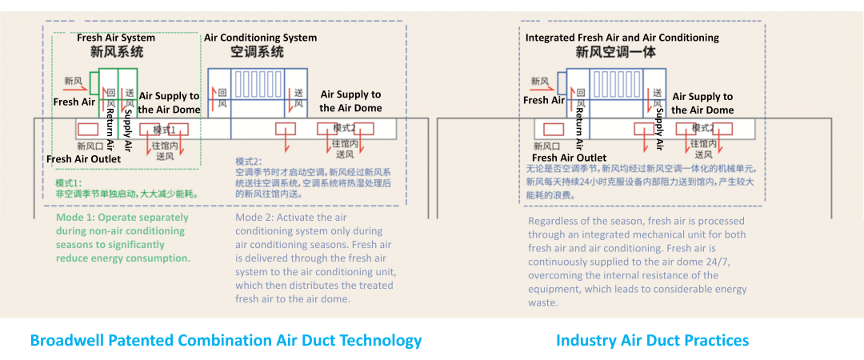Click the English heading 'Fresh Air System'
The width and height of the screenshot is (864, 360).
116,38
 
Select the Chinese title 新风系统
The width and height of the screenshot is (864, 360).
117,53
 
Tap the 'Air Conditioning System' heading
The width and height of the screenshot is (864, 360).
260,38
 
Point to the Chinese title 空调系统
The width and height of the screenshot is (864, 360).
257,53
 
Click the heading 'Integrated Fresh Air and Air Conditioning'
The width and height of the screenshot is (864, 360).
622,38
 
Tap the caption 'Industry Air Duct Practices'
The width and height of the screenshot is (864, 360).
652,341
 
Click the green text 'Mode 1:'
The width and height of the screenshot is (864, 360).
75,218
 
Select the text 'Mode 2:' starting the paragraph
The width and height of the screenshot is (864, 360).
255,218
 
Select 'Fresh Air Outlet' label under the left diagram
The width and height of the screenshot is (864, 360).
83,159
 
